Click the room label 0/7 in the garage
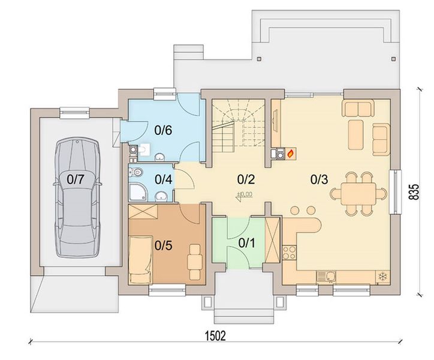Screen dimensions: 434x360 tap(75, 179)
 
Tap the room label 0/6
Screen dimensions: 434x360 tap(163, 130)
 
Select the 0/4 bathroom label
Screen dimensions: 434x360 tap(164, 179)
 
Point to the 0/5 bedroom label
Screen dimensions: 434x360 tap(163, 245)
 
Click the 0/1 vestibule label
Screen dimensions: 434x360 tap(246, 243)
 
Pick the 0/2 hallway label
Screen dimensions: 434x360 tap(246, 179)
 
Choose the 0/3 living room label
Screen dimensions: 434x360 tap(319, 179)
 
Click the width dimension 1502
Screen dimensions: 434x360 tap(215, 336)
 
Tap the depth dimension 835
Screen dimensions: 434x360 tap(414, 191)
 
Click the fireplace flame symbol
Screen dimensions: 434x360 tap(291, 153)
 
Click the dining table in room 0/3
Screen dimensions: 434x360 tap(358, 194)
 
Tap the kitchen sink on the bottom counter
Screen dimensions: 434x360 tap(326, 277)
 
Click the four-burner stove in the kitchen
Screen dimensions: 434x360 tap(290, 253)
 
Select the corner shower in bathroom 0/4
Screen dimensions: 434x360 tap(137, 193)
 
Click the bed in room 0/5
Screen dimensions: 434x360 tap(140, 260)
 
